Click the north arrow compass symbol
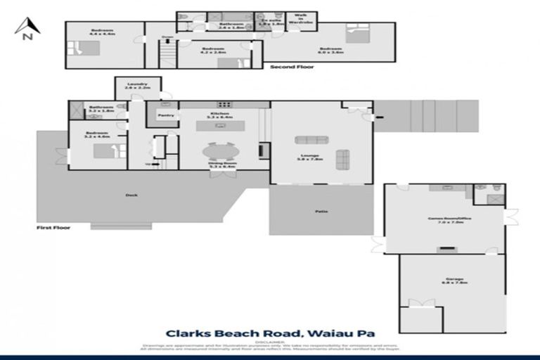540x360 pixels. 25,29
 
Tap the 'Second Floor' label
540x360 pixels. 292,67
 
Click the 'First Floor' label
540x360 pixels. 53,228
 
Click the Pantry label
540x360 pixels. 166,115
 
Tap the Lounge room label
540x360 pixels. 309,157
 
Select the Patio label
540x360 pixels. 321,211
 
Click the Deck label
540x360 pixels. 130,195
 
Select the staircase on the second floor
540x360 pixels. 167,53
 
